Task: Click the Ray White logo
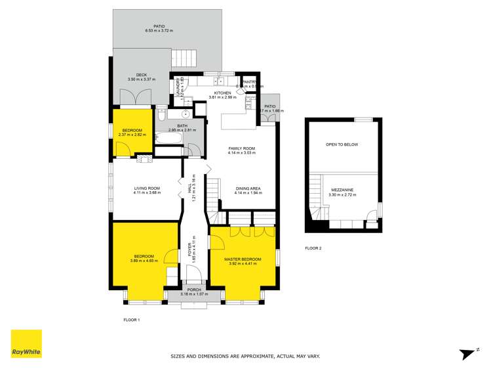[26, 345]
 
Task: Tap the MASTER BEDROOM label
[243, 259]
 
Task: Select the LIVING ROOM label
[147, 189]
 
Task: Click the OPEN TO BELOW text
[342, 144]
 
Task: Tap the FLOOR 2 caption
[314, 248]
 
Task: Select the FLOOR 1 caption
[132, 320]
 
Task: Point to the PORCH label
[194, 290]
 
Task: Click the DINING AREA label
[248, 189]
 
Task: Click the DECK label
[141, 76]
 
